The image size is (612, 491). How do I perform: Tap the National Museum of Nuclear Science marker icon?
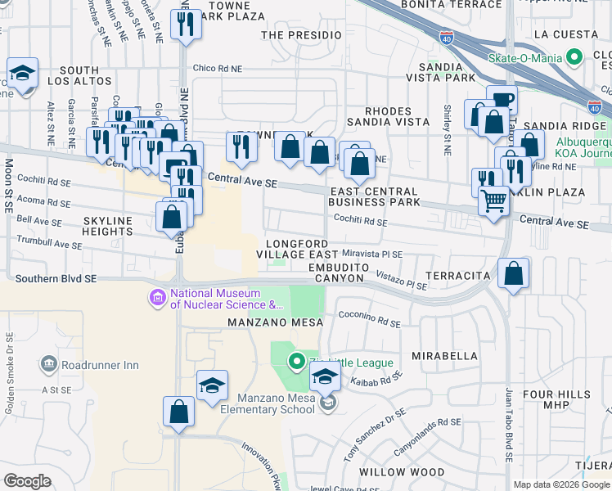point(156,298)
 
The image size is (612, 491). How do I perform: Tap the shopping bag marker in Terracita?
point(512,275)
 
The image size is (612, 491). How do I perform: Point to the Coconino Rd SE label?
point(370,318)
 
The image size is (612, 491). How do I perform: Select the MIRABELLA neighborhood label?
point(444,357)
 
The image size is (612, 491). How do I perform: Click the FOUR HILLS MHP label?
point(556,399)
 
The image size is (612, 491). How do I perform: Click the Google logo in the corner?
point(28,480)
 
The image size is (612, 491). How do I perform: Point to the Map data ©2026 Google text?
point(560,484)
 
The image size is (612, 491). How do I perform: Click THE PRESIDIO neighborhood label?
point(297,35)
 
